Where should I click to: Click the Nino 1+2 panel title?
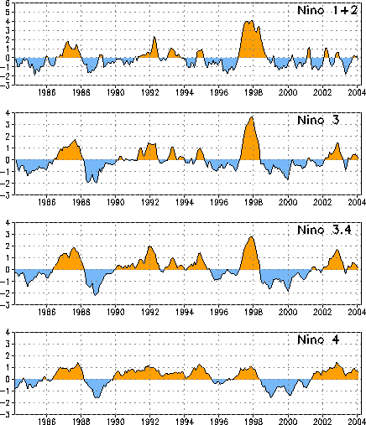pos(327,10)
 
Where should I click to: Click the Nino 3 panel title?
pos(318,120)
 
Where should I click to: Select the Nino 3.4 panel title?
pos(324,230)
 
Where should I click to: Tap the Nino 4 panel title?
pos(318,339)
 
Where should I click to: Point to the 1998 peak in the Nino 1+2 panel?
pos(252,21)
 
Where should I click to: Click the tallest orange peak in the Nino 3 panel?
pos(252,117)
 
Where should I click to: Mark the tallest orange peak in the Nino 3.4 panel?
pos(251,237)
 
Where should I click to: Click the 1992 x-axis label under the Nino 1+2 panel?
pos(150,92)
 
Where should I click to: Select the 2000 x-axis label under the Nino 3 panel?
pos(288,202)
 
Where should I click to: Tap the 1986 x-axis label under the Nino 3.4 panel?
pos(46,312)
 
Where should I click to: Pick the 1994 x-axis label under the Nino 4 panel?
pos(185,421)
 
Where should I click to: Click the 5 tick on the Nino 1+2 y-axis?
pos(8,13)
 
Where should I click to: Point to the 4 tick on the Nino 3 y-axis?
pos(8,113)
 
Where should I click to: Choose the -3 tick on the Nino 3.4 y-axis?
pos(6,305)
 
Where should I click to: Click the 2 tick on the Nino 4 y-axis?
pos(8,355)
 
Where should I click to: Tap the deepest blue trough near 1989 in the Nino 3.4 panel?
pos(96,294)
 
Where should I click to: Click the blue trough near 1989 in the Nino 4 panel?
pos(97,396)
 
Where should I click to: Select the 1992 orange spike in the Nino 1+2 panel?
pos(154,38)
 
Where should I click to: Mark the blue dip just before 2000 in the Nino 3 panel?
pos(288,179)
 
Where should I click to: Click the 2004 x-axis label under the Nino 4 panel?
pos(357,421)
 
